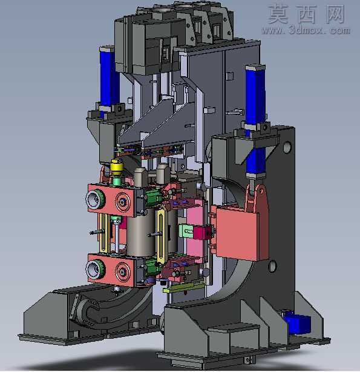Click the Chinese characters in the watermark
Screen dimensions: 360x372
coord(306,15)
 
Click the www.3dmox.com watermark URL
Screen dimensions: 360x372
coord(306,30)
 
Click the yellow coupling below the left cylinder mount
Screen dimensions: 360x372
coord(117,167)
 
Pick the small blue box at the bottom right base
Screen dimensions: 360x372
coord(298,322)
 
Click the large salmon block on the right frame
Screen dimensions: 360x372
coord(240,233)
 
